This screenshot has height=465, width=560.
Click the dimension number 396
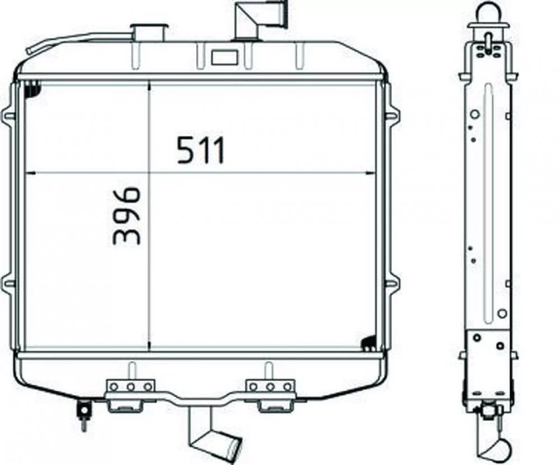pos(125,216)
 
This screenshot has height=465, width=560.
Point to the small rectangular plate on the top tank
pos(225,57)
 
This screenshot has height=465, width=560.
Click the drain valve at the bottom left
pos(83,414)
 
